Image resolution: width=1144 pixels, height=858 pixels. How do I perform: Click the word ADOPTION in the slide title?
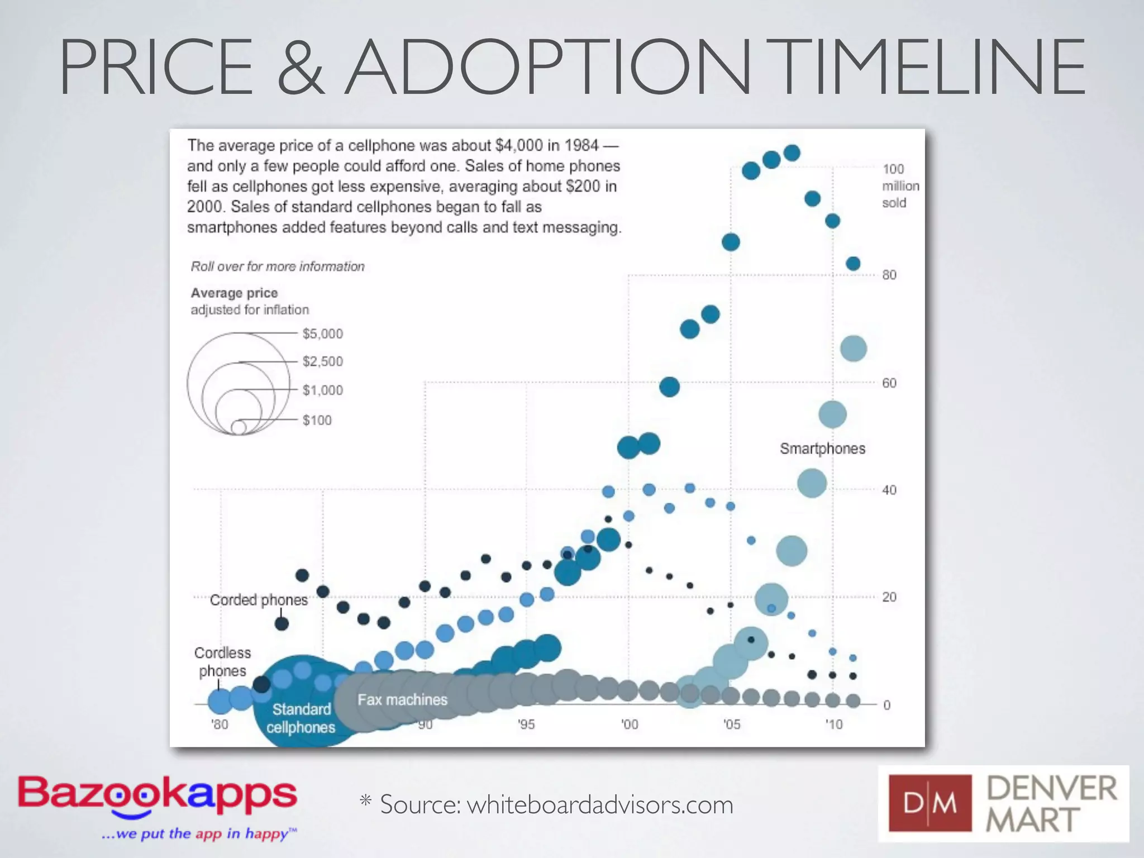pos(547,67)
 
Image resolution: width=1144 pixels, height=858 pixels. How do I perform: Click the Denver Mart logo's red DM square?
pos(929,803)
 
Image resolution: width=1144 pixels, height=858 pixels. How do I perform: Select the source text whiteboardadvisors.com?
pos(599,805)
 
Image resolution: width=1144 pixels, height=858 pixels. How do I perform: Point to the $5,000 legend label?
pos(322,334)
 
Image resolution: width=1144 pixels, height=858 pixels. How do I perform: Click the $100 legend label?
pos(317,420)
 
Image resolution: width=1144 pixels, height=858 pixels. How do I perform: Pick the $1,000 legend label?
pos(322,390)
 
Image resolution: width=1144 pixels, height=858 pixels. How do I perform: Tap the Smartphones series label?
pos(822,449)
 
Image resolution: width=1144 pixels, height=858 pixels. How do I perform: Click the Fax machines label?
pos(402,699)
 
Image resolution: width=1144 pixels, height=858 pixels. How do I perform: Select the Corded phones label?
pos(259,600)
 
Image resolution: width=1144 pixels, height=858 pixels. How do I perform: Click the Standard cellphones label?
pos(301,718)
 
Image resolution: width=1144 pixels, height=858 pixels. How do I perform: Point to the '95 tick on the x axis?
pos(526,724)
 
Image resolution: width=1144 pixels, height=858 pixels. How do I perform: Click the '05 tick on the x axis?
pos(731,724)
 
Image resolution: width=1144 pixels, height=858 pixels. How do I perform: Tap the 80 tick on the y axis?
pos(889,275)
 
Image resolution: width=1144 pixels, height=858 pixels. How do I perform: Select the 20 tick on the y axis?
pos(889,597)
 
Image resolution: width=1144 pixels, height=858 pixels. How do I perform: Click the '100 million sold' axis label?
pos(900,185)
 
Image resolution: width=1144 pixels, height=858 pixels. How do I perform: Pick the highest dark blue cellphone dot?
pos(792,152)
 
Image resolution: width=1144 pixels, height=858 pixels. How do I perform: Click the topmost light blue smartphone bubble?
pos(853,349)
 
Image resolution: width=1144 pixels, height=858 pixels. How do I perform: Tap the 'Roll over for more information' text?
pos(278,266)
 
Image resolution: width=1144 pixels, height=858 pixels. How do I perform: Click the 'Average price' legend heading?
pos(234,293)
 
